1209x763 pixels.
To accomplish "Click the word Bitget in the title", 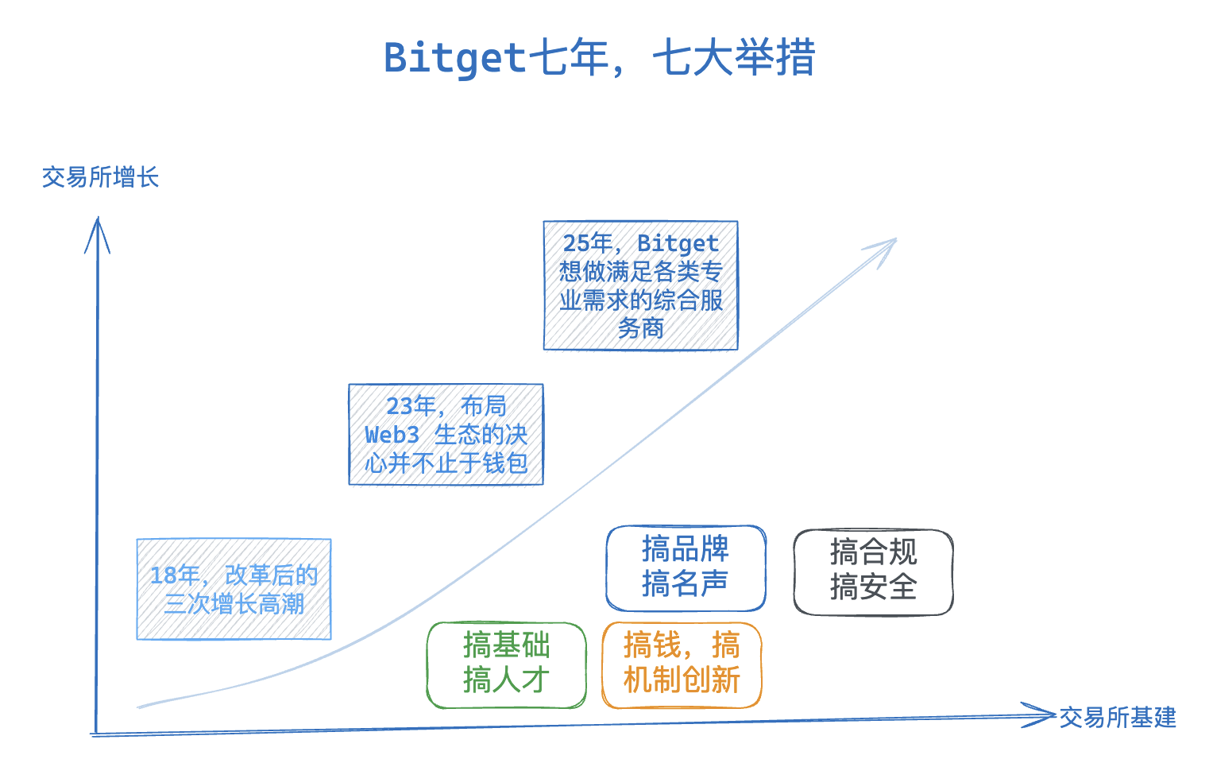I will [x=454, y=58].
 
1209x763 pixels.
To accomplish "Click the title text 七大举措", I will [x=734, y=58].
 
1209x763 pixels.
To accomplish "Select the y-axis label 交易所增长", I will [x=100, y=177].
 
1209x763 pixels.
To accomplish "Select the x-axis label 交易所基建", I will [x=1117, y=718].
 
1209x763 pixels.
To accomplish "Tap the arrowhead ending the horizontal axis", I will [x=1041, y=715].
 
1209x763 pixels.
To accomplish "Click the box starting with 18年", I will [x=234, y=589].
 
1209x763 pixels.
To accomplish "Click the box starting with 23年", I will [x=446, y=434].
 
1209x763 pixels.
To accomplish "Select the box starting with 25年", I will [x=640, y=285].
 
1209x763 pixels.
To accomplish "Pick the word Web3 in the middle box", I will [x=392, y=435].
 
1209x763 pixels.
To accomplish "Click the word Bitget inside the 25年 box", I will [x=678, y=243].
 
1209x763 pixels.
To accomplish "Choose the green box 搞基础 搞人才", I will [x=506, y=664].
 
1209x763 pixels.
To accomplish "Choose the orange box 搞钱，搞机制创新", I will [x=682, y=664].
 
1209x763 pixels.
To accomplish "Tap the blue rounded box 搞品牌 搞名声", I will [x=686, y=567].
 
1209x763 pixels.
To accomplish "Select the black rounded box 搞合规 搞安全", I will [x=873, y=571].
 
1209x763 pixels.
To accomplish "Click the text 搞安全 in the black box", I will [x=873, y=588].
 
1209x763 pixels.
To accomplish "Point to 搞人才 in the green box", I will [x=506, y=680].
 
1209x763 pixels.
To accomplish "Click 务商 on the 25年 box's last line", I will [x=640, y=328].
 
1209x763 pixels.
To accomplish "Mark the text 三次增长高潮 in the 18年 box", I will [x=234, y=604].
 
